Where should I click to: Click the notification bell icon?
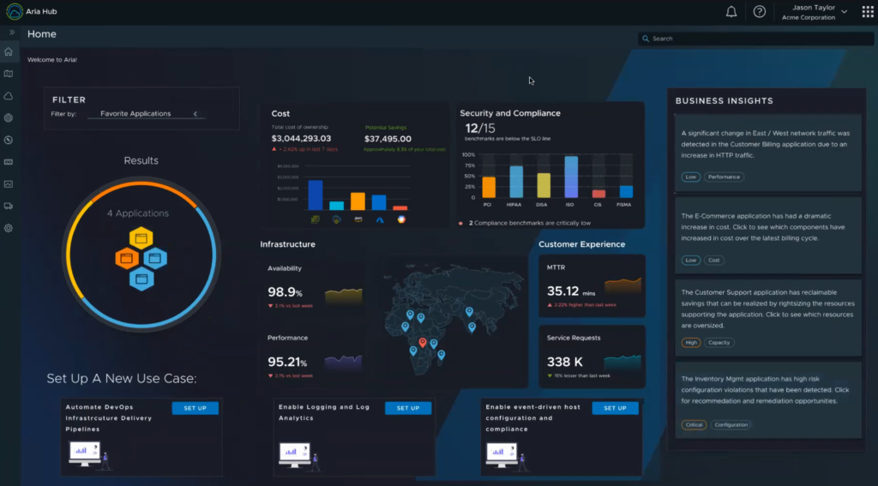coord(731,12)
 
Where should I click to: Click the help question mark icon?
coord(759,12)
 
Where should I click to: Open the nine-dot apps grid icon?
coord(868,12)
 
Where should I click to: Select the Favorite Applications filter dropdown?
coord(147,114)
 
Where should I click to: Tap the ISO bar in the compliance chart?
coord(571,177)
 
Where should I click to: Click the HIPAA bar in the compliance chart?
coord(516,182)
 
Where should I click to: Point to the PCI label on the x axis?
coord(487,205)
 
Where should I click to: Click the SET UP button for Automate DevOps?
coord(195,408)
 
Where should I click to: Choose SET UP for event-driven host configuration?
coord(615,408)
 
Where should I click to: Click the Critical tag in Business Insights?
coord(693,425)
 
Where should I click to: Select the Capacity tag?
coord(719,343)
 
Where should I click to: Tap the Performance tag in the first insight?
coord(724,177)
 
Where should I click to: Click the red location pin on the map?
coord(422,343)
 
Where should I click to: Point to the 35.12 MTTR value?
coord(563,291)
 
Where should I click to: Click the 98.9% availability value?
coord(285,292)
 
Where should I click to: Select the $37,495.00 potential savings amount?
coord(388,139)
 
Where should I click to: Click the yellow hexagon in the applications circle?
coord(141,237)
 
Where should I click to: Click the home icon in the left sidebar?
coord(9,52)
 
